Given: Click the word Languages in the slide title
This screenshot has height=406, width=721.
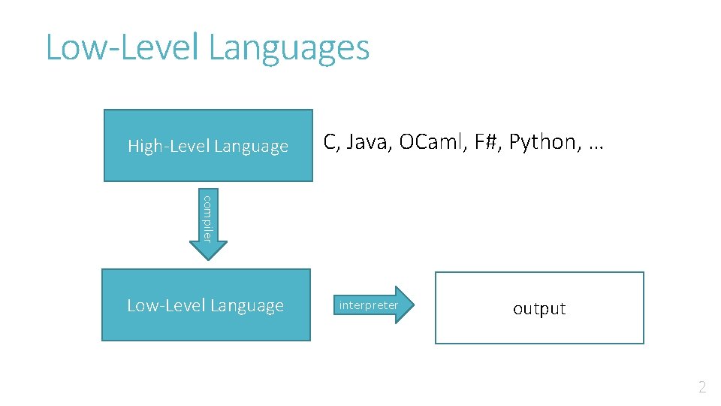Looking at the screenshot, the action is (289, 47).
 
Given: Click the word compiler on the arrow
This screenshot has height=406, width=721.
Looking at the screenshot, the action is (208, 218).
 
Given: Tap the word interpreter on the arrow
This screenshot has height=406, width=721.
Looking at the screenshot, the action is (368, 305).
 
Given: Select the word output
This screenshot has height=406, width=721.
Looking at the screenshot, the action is (539, 308).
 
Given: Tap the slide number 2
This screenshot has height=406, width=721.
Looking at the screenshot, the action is (702, 388).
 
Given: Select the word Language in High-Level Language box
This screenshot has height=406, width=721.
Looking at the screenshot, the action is (252, 147).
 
